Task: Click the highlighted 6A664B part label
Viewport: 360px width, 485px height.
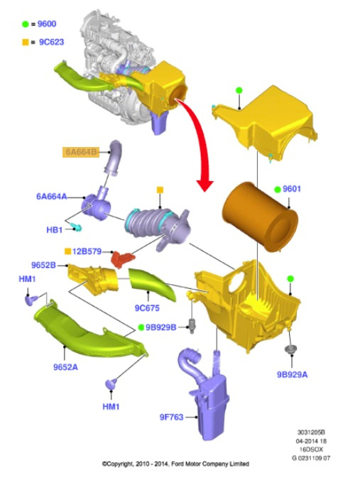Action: tap(81, 152)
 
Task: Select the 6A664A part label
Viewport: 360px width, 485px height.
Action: tap(52, 197)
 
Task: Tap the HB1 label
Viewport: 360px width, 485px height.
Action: tap(55, 230)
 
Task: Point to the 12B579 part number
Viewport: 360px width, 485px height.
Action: tap(87, 251)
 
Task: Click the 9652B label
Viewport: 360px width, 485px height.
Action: tap(43, 265)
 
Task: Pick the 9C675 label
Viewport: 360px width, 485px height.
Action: tap(147, 307)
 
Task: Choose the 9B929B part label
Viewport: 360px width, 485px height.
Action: tap(160, 327)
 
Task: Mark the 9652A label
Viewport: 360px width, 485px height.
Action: tap(65, 367)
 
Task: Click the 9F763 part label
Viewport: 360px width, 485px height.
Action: tap(171, 417)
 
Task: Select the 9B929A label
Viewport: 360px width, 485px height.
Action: tap(293, 374)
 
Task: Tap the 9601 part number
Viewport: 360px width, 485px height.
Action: tap(292, 189)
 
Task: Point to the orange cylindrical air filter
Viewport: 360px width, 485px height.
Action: tap(260, 217)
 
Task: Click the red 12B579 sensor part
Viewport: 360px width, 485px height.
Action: tap(123, 259)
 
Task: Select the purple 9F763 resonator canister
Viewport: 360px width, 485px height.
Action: tap(204, 393)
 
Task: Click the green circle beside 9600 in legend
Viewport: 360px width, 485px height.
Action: tap(26, 24)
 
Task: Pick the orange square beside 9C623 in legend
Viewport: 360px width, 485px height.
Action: tap(26, 42)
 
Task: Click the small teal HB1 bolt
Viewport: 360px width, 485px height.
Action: tap(77, 228)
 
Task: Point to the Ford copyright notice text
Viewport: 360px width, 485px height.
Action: tap(175, 464)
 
